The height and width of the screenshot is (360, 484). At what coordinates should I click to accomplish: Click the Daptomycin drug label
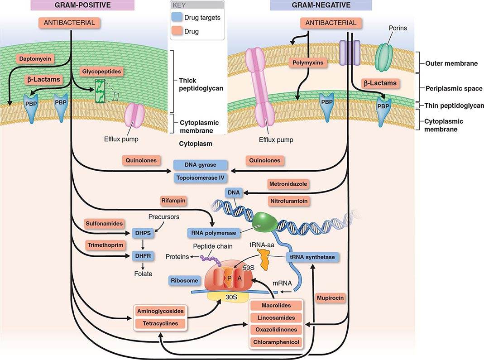click(35, 58)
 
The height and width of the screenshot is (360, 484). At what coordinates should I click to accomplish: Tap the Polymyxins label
click(308, 62)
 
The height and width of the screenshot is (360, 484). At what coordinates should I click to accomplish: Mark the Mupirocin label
click(331, 298)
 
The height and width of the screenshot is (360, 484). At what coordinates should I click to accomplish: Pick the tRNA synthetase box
click(312, 257)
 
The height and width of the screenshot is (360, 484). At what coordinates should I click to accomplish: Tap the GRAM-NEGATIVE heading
click(321, 5)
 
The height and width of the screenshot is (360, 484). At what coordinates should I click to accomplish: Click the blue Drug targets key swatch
click(177, 18)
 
